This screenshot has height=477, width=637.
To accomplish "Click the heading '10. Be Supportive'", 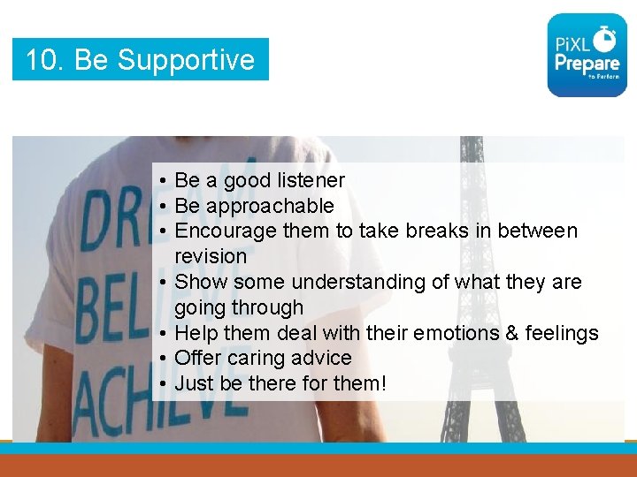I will [x=140, y=60].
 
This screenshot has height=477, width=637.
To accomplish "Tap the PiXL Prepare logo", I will [x=587, y=55].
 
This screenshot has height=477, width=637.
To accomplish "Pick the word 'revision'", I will [x=211, y=256].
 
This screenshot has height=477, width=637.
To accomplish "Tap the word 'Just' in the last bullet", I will [x=192, y=383].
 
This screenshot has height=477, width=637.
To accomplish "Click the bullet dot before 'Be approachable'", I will [x=165, y=207].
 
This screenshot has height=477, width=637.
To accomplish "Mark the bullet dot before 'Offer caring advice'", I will [x=165, y=359].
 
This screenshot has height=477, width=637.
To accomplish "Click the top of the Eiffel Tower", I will [x=472, y=141].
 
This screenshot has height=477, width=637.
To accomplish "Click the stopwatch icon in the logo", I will [x=605, y=37].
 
